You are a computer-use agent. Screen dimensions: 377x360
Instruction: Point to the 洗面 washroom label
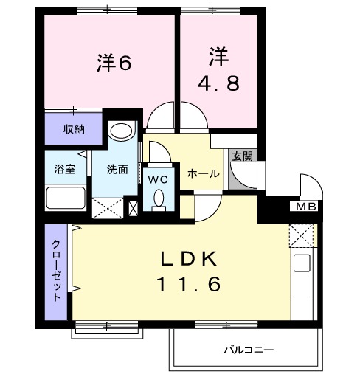pyautogui.click(x=117, y=169)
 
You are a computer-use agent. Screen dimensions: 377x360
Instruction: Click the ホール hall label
pyautogui.click(x=203, y=173)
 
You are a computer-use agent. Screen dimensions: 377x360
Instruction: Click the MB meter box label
pyautogui.click(x=304, y=206)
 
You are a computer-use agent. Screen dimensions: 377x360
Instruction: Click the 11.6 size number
pyautogui.click(x=187, y=283)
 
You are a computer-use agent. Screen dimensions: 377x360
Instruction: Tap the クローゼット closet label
pyautogui.click(x=56, y=271)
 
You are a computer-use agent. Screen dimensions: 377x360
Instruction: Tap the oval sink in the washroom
pyautogui.click(x=120, y=132)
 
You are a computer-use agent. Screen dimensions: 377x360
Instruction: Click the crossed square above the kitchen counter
pyautogui.click(x=302, y=235)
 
